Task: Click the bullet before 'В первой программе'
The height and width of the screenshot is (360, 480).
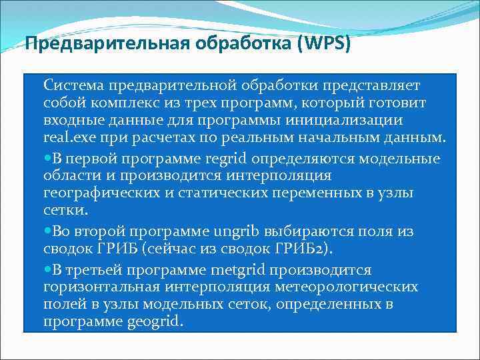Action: pyautogui.click(x=47, y=159)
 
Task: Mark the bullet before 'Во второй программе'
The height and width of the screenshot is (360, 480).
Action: pyautogui.click(x=47, y=232)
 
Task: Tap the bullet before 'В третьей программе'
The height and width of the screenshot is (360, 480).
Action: pyautogui.click(x=47, y=270)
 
